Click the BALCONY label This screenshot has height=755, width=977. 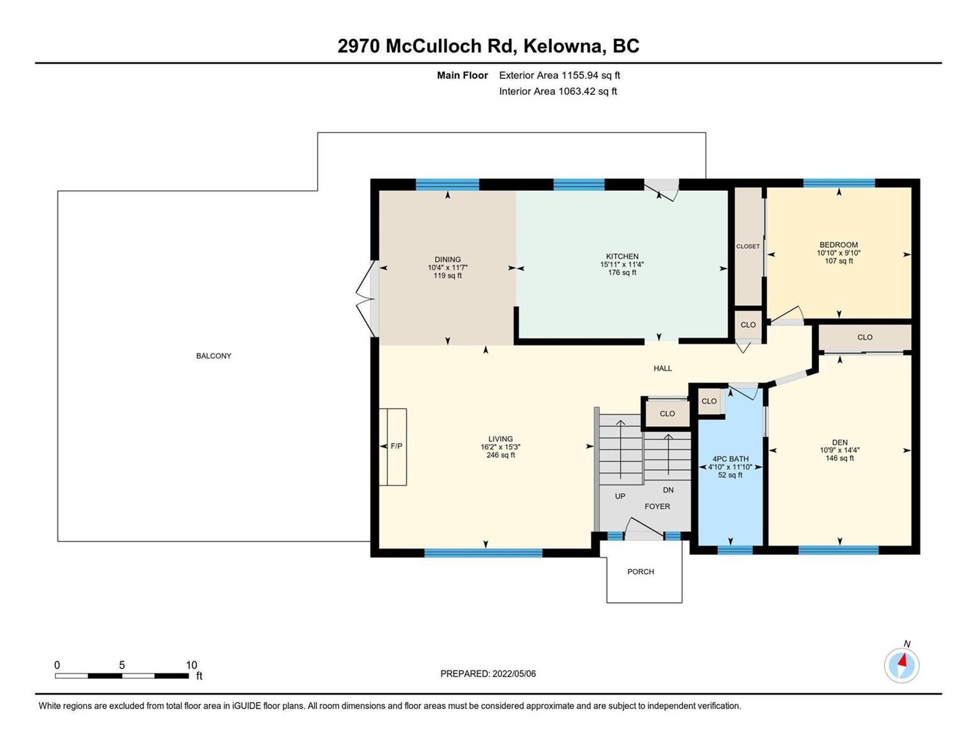click(213, 355)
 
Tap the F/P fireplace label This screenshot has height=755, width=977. click(396, 446)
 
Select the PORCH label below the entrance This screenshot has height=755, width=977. click(640, 571)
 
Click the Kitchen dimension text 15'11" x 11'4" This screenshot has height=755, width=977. click(622, 264)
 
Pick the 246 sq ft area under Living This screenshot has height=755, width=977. click(500, 455)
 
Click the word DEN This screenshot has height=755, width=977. click(839, 442)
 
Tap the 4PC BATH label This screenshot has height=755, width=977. click(730, 459)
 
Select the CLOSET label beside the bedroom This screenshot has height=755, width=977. click(748, 247)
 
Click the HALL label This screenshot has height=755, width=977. click(662, 368)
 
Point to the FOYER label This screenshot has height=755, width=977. click(657, 506)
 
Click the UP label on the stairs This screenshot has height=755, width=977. click(620, 496)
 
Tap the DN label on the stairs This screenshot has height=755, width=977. click(668, 490)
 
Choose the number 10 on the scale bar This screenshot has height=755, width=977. click(191, 665)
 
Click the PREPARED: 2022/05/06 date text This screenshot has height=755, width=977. click(488, 674)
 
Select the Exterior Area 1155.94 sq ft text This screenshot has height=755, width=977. click(559, 75)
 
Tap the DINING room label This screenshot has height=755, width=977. click(447, 259)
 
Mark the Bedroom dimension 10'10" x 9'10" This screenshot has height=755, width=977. click(839, 253)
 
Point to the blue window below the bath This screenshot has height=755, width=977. click(735, 549)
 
